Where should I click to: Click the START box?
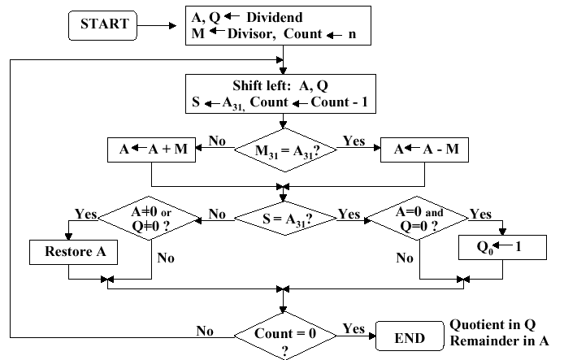103,24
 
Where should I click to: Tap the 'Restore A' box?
72,251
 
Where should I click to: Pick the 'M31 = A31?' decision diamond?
282,151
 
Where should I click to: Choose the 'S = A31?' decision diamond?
282,215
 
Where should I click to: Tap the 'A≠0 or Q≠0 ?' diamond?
149,215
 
